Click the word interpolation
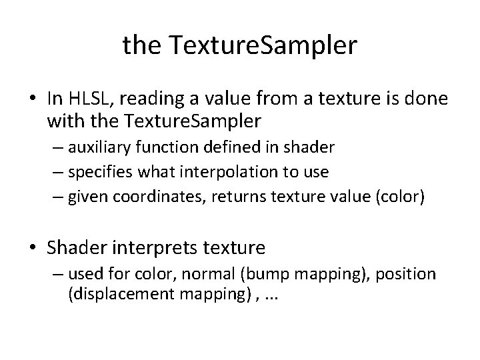(215, 172)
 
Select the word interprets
(167, 248)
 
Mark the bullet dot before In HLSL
(32, 99)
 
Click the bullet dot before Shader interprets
(32, 249)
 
